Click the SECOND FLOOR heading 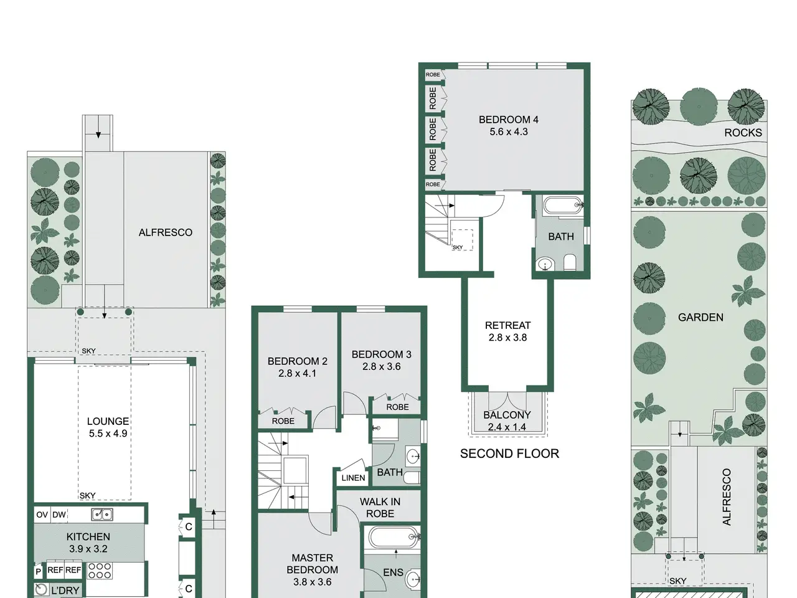509,453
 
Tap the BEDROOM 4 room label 508,120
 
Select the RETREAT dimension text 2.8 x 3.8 507,338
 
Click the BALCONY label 507,415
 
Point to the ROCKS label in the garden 743,133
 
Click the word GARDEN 700,317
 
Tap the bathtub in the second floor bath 563,206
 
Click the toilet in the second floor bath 569,262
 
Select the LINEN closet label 353,478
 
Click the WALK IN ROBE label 380,508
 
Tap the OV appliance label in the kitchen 42,515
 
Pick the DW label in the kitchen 59,515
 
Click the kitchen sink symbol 102,514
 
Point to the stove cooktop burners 100,571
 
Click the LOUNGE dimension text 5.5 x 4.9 108,434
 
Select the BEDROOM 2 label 298,361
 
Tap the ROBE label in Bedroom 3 397,407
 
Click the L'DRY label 65,591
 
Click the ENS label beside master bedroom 393,572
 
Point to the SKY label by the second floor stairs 458,247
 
